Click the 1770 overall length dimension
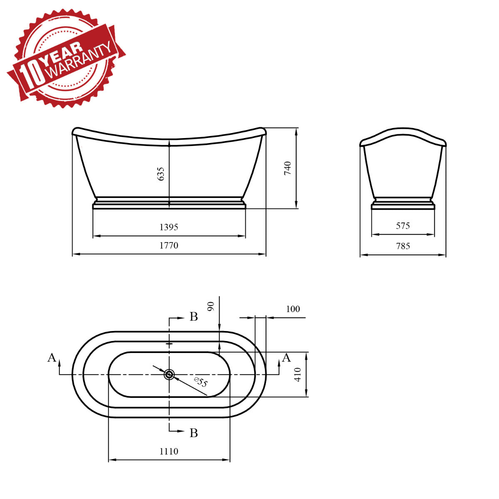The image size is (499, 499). point(169,245)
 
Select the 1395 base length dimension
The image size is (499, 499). point(169,227)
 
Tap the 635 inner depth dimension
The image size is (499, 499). point(161,174)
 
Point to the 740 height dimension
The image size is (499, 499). point(288,168)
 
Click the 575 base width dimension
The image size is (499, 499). point(403,226)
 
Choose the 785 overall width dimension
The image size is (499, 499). point(403,246)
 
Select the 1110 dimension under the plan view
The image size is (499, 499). point(169,451)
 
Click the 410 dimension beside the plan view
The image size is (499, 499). point(298,375)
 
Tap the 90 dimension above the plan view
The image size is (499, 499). point(211,306)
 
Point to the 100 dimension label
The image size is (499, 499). point(293,309)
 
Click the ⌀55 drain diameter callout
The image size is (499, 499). point(200,382)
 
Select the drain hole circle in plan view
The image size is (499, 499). point(169,375)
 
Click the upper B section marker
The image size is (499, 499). point(193,317)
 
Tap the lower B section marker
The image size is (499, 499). point(193,433)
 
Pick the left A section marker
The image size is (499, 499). point(52,358)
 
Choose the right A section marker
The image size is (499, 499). point(286,358)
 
